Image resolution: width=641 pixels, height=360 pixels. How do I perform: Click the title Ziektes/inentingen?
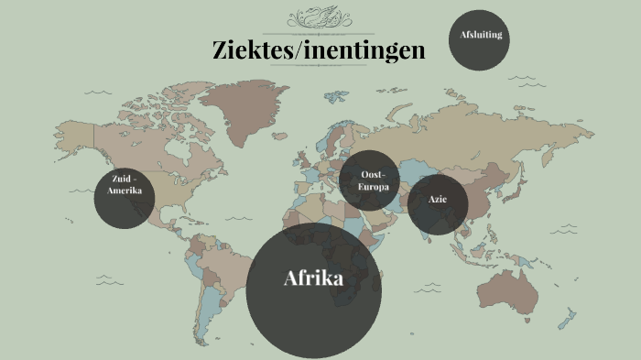tap(319, 50)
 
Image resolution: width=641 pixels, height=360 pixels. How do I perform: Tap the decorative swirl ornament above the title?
tap(320, 18)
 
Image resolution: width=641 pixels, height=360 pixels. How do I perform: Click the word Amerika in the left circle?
tap(125, 191)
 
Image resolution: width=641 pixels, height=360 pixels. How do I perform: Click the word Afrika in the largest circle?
tap(313, 278)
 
